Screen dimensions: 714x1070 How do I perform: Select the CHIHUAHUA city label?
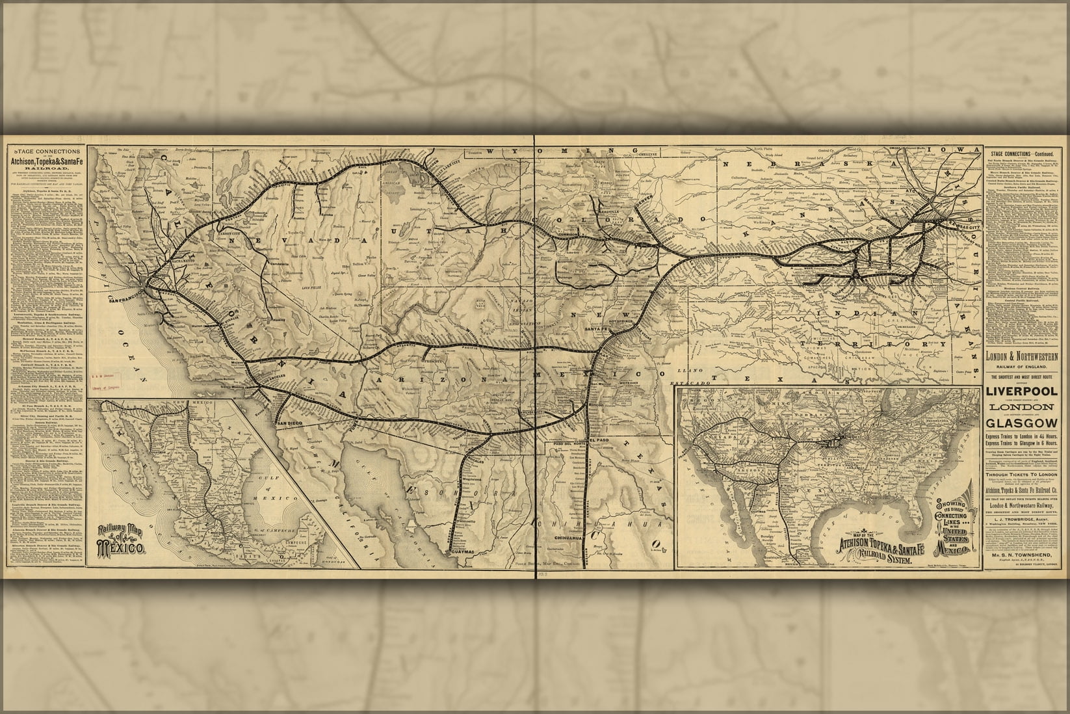pos(573,537)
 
